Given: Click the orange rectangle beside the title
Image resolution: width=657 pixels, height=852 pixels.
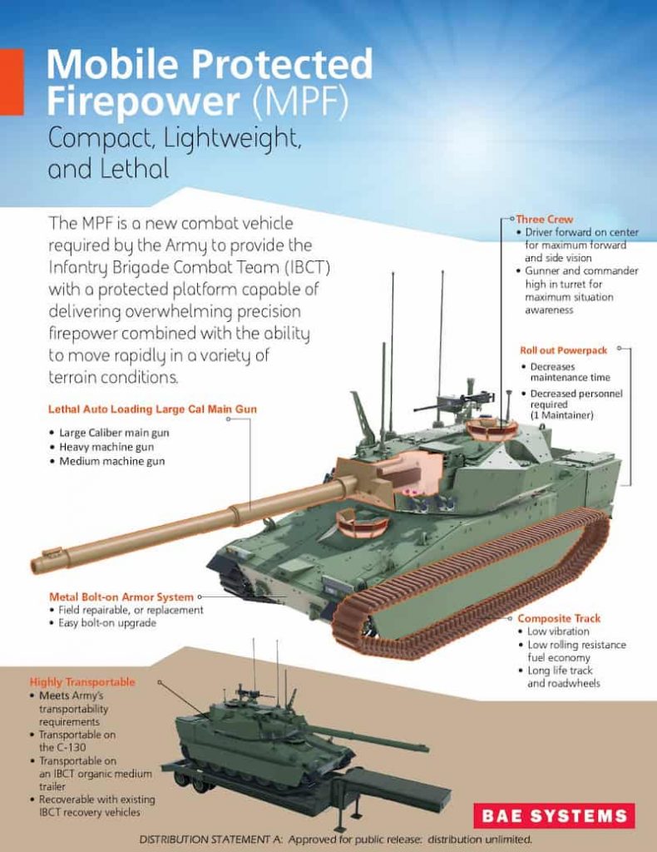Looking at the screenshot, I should click(11, 82).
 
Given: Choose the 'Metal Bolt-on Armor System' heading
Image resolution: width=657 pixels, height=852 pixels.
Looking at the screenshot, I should click(121, 597).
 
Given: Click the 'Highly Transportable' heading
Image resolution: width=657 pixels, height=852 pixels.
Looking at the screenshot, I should click(82, 681).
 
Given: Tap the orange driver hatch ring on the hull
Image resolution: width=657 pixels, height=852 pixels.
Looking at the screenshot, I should click(361, 524).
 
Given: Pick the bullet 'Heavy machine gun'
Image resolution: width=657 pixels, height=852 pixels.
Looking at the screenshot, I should click(106, 447).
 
